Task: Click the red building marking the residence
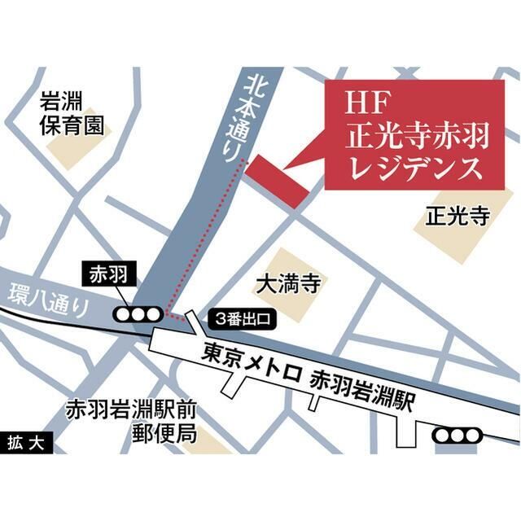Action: pos(277,181)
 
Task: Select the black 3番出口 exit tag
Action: pos(243,318)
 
